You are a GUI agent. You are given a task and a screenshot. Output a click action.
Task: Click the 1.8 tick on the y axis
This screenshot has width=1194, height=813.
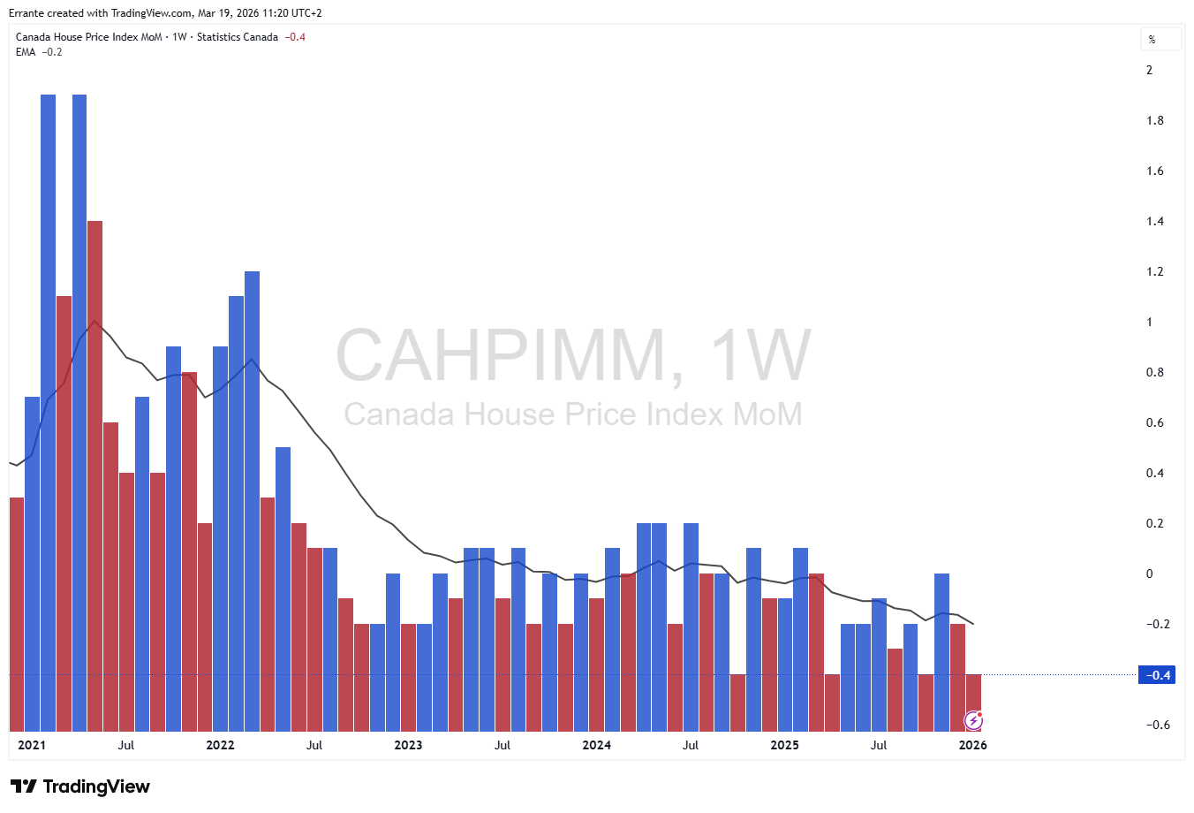point(1154,120)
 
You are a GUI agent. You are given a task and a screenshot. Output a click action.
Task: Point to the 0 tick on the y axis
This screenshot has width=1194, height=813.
point(1149,574)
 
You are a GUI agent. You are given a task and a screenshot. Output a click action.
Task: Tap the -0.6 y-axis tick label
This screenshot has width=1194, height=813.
point(1158,725)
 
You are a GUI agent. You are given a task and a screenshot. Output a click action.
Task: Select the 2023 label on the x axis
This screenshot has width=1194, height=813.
point(408,745)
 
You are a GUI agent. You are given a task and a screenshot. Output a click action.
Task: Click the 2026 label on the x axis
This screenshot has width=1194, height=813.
point(972,745)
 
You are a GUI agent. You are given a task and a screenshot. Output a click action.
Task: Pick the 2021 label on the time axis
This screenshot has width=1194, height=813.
point(32,745)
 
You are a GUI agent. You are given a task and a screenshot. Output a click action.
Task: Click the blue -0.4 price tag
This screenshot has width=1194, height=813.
point(1157,675)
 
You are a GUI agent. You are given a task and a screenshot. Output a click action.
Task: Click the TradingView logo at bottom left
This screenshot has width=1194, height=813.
point(80,786)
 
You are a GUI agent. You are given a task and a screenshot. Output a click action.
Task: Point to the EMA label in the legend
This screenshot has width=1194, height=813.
point(26,52)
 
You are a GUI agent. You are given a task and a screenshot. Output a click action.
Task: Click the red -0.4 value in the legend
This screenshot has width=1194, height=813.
point(295,37)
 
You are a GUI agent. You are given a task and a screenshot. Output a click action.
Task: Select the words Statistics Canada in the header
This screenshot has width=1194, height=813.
point(237,37)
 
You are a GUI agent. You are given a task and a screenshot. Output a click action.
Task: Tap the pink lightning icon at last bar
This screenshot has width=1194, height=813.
point(973,721)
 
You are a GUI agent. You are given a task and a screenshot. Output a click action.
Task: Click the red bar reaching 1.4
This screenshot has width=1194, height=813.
point(95,477)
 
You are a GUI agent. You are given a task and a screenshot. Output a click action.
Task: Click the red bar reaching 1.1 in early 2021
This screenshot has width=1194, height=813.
point(64,513)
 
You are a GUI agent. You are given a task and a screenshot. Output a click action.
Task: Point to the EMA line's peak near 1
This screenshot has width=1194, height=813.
point(94,321)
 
